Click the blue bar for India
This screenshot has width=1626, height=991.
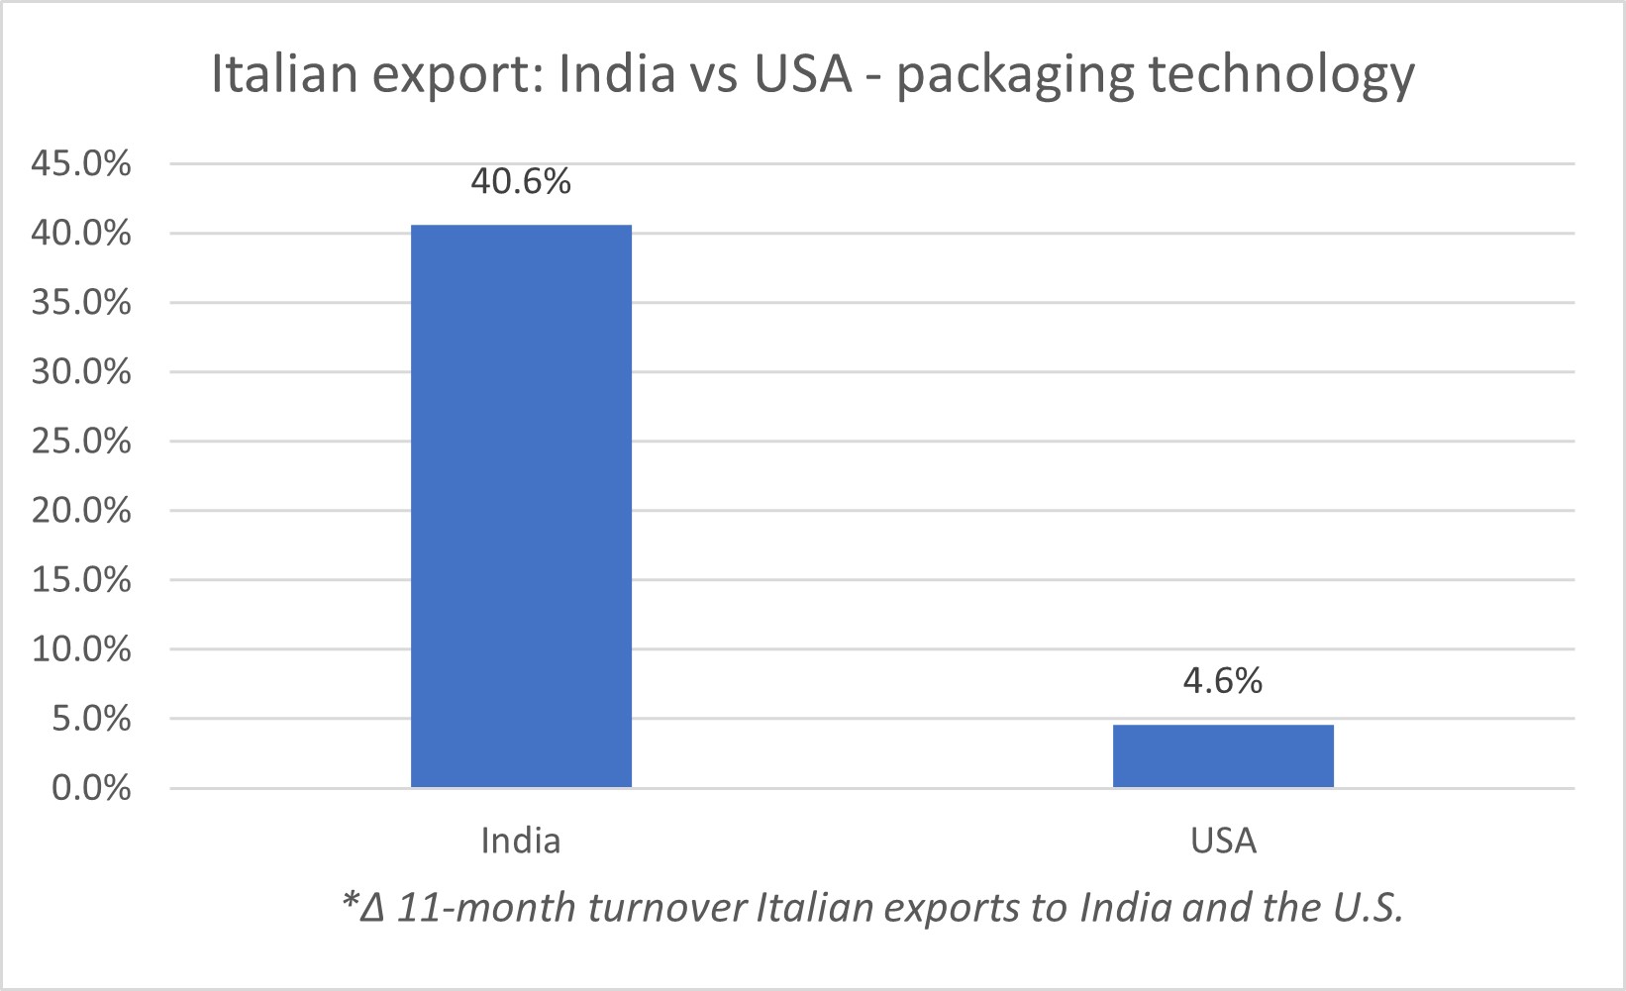[x=521, y=506]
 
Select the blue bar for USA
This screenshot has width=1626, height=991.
[x=1223, y=755]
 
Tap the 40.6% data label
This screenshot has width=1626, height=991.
[x=521, y=181]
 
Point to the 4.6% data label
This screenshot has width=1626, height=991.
[x=1223, y=681]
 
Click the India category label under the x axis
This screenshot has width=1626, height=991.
[x=521, y=841]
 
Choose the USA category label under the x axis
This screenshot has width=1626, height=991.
[x=1223, y=841]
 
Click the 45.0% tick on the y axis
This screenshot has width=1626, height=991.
[x=81, y=163]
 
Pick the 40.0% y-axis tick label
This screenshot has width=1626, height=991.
[x=81, y=234]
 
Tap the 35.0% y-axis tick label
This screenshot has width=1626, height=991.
[x=81, y=303]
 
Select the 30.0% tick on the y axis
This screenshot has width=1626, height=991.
[x=81, y=372]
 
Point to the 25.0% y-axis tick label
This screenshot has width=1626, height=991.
[x=81, y=442]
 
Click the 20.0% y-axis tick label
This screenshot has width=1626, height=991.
[x=81, y=511]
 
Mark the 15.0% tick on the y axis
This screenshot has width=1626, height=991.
[x=81, y=580]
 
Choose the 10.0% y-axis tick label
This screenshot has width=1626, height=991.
[x=81, y=649]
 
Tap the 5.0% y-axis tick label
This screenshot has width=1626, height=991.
[x=91, y=719]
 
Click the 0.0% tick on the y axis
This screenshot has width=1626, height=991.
[x=91, y=788]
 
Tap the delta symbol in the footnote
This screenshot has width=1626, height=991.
[x=372, y=907]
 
